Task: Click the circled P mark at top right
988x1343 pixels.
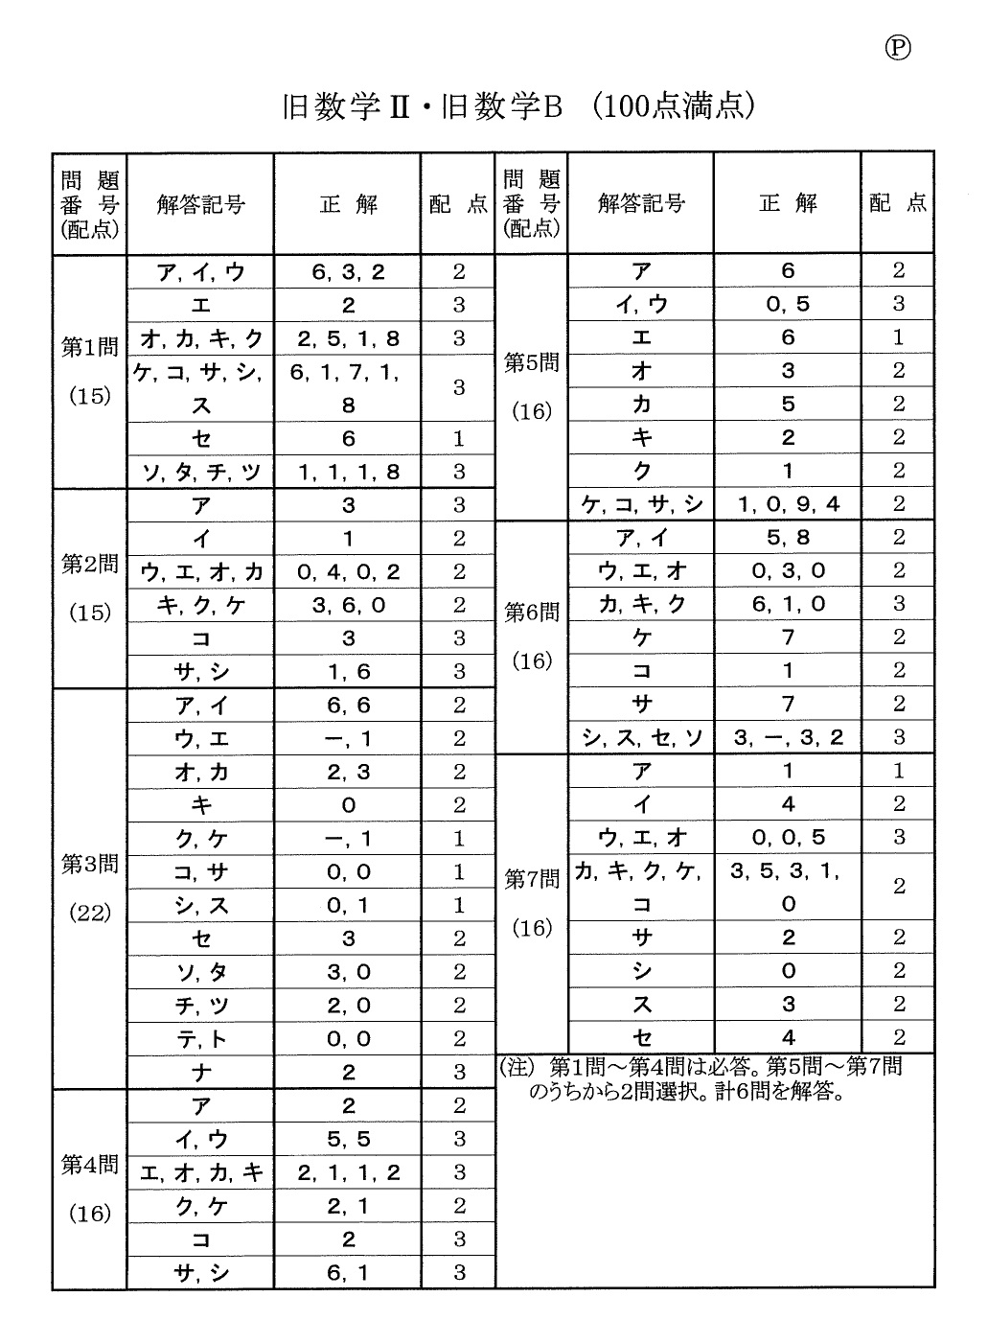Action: (x=897, y=48)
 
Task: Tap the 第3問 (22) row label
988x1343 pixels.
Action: (x=90, y=888)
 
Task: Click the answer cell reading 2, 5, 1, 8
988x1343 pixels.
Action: (x=348, y=338)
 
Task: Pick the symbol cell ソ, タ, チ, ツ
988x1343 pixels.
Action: (x=201, y=472)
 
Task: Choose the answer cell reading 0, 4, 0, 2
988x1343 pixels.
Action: (x=348, y=572)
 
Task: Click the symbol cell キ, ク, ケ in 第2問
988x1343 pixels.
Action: (x=201, y=606)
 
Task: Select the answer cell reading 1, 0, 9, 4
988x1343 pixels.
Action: (x=788, y=504)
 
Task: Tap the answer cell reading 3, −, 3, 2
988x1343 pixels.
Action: (x=788, y=737)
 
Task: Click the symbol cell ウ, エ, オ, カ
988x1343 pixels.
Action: (x=201, y=572)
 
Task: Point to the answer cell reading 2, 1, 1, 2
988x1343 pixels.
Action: (x=348, y=1172)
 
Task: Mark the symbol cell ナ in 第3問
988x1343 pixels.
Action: (x=201, y=1073)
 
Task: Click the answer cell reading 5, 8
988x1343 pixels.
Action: (x=788, y=538)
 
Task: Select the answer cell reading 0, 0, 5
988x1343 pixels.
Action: (x=788, y=837)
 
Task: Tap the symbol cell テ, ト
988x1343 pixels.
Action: (x=201, y=1039)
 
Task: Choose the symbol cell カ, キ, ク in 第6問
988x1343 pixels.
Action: (x=641, y=604)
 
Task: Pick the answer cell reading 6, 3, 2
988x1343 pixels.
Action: (x=348, y=271)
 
